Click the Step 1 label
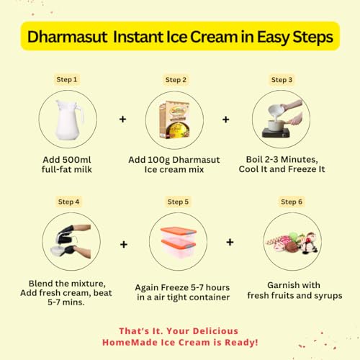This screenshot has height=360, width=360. click(x=67, y=79)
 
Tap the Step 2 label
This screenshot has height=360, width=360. click(x=176, y=80)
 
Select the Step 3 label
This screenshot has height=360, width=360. click(x=282, y=80)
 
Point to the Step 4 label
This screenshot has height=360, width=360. click(x=68, y=202)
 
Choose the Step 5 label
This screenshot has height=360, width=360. click(x=178, y=202)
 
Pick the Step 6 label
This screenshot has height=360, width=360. click(x=292, y=202)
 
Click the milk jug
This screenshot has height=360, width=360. click(x=68, y=120)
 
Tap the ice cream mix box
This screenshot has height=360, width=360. click(x=174, y=120)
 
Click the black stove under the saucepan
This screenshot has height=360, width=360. click(x=276, y=132)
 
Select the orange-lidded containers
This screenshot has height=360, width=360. click(x=179, y=242)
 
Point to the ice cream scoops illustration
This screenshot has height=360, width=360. click(x=292, y=243)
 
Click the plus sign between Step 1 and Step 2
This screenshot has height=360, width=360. click(x=123, y=119)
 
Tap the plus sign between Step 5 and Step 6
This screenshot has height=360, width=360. click(x=230, y=242)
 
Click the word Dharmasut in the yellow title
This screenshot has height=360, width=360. click(x=68, y=37)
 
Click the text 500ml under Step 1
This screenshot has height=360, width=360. click(x=77, y=160)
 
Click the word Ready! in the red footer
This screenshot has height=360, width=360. click(x=241, y=343)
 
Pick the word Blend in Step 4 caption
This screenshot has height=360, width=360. click(x=41, y=284)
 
